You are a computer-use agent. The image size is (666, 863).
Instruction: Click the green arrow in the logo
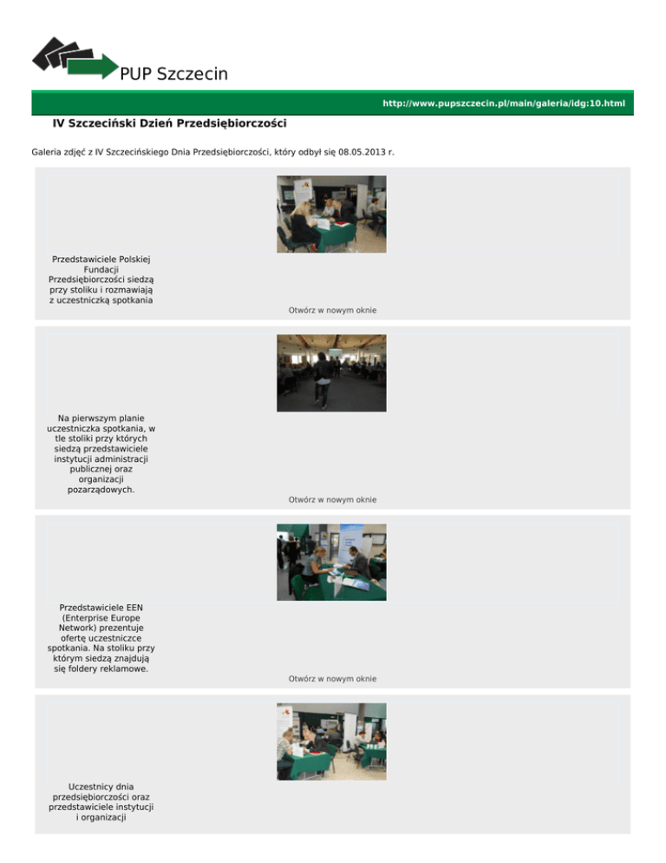(93, 67)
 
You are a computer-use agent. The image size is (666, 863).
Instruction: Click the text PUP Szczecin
(173, 74)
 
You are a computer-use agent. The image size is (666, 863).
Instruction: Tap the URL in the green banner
(504, 103)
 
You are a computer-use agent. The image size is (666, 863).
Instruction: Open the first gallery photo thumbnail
(331, 214)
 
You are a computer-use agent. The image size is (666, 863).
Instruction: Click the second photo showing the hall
(331, 373)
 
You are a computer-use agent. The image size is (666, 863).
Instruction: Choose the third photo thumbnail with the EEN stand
(331, 563)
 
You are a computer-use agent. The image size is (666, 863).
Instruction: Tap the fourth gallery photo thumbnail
(331, 741)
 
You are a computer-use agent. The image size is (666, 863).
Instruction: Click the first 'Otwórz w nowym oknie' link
(333, 311)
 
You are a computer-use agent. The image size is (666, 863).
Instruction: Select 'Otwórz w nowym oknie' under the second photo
(333, 500)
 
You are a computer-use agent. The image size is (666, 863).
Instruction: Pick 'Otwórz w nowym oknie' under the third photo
(333, 679)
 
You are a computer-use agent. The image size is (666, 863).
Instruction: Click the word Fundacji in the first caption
(101, 270)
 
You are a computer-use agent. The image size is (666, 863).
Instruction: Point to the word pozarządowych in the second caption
(100, 490)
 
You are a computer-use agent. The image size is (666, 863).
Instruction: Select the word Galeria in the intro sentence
(46, 152)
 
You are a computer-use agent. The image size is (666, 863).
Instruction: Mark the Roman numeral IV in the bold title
(58, 123)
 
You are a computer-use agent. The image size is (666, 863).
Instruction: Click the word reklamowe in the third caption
(127, 669)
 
